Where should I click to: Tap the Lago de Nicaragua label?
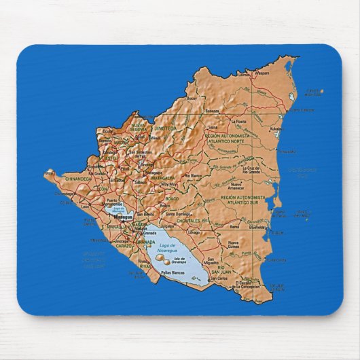click(x=165, y=248)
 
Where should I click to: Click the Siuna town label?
click(x=213, y=126)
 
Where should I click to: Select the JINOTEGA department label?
click(x=164, y=128)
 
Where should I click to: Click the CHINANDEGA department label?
click(x=79, y=179)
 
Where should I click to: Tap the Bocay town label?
click(x=191, y=98)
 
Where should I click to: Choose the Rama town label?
click(x=234, y=226)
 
